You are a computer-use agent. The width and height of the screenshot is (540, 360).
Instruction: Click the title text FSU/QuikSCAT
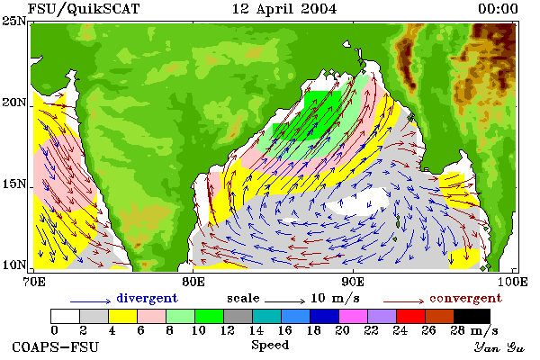84,9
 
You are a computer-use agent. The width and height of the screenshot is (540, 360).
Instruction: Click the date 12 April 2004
284,9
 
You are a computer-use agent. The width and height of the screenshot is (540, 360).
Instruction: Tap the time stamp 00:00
498,9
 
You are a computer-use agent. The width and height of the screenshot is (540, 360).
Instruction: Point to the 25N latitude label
14,21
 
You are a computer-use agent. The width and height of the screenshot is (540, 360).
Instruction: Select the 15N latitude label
14,184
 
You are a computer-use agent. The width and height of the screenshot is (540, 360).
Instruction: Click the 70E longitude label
34,282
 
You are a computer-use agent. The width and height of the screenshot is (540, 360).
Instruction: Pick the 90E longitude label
353,282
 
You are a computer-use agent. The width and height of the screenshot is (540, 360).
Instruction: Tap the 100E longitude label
513,282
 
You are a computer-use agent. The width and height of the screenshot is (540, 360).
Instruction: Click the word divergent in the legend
147,298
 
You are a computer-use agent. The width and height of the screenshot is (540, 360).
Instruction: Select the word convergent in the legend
465,298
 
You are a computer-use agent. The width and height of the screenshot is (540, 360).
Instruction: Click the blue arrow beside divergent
91,301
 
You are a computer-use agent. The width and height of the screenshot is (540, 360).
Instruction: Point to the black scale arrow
285,301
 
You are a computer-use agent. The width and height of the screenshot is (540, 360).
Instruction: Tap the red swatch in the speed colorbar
410,316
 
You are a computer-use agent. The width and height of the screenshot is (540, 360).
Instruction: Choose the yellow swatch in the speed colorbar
123,316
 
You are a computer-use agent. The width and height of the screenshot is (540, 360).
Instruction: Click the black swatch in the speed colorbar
472,316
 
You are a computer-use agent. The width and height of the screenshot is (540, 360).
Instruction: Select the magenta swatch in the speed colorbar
353,316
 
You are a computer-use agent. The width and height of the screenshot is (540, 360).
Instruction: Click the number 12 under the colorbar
227,330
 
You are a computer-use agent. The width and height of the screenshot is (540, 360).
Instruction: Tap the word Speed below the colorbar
270,346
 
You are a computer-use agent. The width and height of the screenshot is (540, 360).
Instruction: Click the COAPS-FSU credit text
56,346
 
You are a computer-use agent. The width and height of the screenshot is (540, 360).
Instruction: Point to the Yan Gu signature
499,347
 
